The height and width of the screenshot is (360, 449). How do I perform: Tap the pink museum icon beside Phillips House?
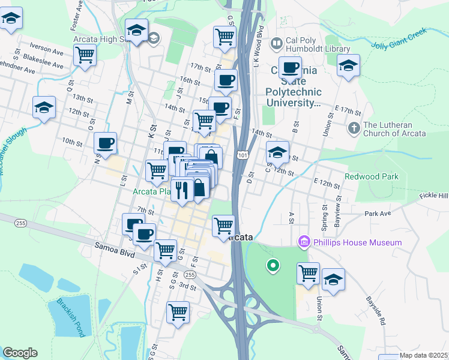click(x=304, y=242)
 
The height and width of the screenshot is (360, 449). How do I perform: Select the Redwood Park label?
click(x=372, y=177)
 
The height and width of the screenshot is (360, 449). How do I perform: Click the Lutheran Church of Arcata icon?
click(x=354, y=128)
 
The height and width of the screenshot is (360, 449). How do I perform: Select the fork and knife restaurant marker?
click(x=182, y=190)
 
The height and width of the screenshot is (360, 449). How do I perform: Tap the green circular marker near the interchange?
click(x=273, y=265)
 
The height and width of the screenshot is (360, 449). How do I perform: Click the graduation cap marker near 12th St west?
click(x=44, y=108)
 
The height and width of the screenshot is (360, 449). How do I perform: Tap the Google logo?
click(x=20, y=353)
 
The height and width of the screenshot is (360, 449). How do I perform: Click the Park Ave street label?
click(x=378, y=214)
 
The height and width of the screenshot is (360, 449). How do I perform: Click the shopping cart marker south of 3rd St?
click(x=178, y=312)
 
